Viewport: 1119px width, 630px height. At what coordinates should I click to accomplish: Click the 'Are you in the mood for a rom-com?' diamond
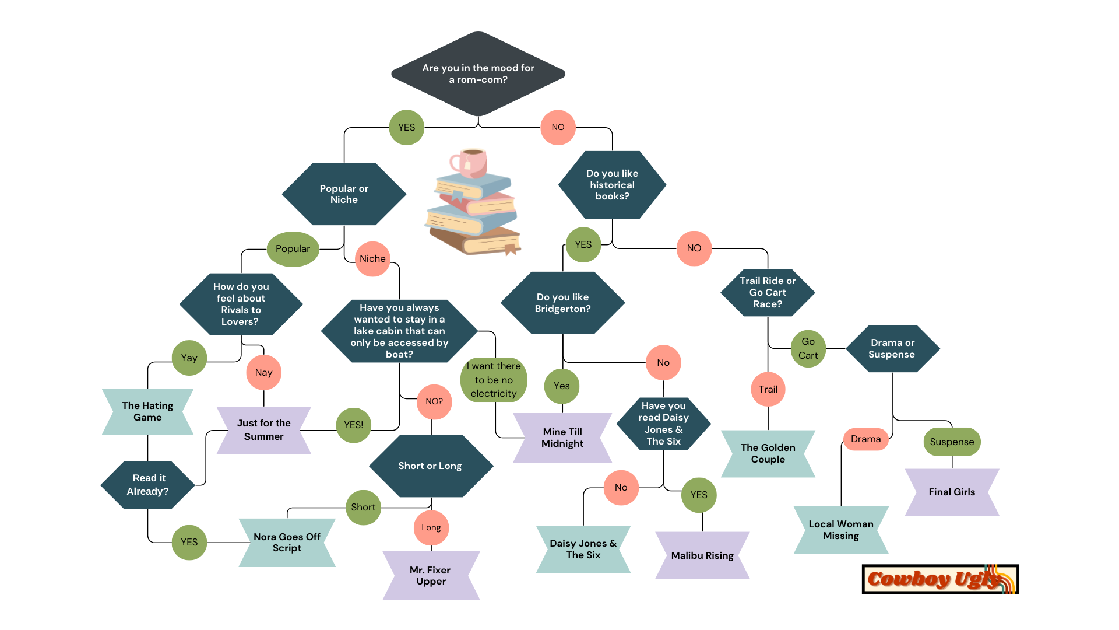(x=478, y=74)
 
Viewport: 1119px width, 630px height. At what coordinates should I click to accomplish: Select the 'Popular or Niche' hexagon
(x=344, y=194)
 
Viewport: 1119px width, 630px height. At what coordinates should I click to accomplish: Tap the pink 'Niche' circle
(x=372, y=259)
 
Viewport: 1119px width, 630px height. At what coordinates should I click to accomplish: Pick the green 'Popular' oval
(x=293, y=249)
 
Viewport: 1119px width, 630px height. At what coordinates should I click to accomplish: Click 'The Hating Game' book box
(x=147, y=412)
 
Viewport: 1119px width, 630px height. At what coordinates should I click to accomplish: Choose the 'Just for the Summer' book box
(x=263, y=430)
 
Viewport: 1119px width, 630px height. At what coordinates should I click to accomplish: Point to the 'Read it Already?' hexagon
(x=148, y=485)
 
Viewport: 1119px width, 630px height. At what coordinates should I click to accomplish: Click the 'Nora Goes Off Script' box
(x=287, y=542)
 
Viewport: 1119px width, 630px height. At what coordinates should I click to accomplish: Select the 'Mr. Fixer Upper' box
(x=431, y=576)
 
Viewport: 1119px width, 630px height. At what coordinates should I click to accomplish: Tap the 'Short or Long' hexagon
(x=431, y=466)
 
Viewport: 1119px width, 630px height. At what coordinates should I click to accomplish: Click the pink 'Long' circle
(x=431, y=528)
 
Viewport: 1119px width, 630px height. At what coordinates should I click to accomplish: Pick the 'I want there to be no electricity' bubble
(x=494, y=380)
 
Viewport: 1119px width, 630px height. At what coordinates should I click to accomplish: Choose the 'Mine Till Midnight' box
(x=562, y=438)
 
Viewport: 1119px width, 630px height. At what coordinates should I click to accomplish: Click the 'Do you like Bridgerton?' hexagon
(x=562, y=303)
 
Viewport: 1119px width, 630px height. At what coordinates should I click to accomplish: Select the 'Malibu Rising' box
(x=702, y=555)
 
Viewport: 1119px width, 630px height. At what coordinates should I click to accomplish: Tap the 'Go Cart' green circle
(x=808, y=349)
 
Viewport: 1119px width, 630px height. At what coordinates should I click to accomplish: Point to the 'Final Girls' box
(x=952, y=492)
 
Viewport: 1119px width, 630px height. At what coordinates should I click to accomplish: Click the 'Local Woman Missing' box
(x=841, y=530)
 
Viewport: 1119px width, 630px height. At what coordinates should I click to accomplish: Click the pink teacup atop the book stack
(x=470, y=163)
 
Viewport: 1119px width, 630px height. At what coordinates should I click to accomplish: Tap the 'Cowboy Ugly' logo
(x=940, y=579)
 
